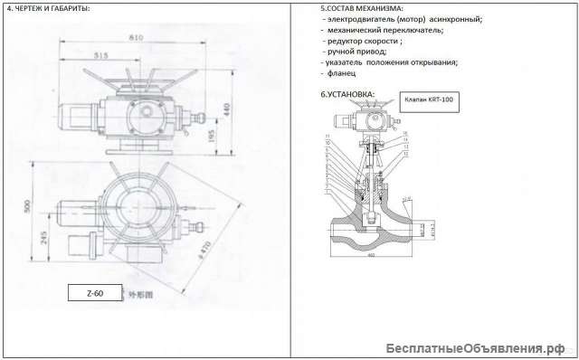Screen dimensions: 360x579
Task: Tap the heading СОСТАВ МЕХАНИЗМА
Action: click(x=363, y=8)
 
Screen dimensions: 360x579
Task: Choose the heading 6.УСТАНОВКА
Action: click(x=346, y=94)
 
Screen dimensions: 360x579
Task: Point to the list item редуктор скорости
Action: click(x=370, y=41)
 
